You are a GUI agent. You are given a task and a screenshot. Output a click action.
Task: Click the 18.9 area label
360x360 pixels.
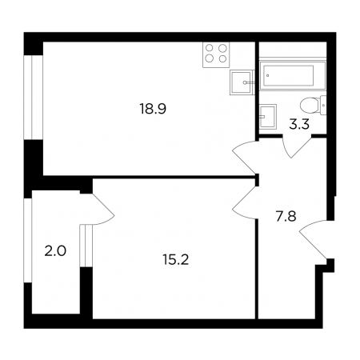[x=153, y=109]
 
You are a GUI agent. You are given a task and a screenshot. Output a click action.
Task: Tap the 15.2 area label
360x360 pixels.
[x=176, y=260]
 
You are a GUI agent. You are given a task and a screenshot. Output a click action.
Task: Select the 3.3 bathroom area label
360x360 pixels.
[x=299, y=124]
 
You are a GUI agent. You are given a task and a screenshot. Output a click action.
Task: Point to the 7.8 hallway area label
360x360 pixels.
[x=286, y=216]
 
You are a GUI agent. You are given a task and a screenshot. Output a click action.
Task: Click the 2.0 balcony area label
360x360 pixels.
[x=55, y=251]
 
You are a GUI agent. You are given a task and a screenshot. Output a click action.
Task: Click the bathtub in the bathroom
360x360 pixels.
[x=293, y=75]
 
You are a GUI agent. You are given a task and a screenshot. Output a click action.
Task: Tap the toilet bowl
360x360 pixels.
[x=310, y=106]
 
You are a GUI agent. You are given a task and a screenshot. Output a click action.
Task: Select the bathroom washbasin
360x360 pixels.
[x=268, y=117]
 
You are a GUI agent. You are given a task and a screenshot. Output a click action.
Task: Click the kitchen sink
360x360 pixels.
[x=241, y=82]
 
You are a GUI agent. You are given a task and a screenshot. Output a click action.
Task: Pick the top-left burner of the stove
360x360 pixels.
[x=210, y=48]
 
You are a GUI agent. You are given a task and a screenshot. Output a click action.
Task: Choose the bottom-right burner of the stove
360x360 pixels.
[x=222, y=58]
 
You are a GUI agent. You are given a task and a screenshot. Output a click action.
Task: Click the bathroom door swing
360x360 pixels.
[x=297, y=147]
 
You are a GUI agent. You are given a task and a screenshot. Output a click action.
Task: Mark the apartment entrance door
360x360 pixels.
[x=314, y=239]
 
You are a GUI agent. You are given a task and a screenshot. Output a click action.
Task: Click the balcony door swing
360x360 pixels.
[x=102, y=210]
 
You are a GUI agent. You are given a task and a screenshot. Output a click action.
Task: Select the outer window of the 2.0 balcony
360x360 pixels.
[x=28, y=240]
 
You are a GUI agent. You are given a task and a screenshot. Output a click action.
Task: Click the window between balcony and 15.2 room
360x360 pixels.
[x=86, y=246]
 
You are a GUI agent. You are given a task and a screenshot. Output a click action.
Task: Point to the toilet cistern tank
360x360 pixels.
[x=323, y=106]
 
